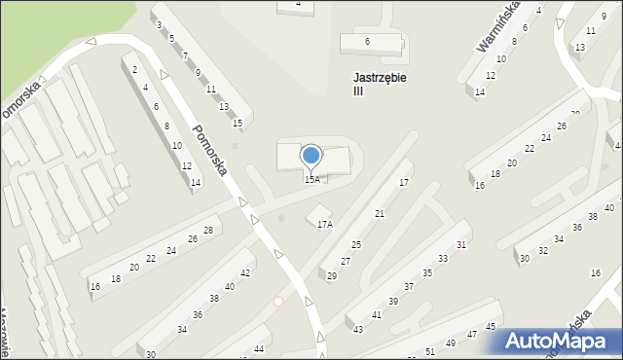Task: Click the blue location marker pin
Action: click(311, 156)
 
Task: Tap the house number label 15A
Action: click(311, 179)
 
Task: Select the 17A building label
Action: click(325, 224)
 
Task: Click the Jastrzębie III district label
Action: click(376, 84)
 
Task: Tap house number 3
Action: click(160, 24)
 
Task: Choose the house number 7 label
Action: click(185, 56)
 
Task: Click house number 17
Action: click(404, 183)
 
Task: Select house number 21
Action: click(380, 213)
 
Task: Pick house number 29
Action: click(332, 276)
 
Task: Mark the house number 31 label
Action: click(462, 245)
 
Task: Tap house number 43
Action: click(359, 330)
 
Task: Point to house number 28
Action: click(207, 230)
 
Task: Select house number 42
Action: click(246, 273)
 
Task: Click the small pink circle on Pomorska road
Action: click(278, 301)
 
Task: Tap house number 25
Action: click(357, 244)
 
